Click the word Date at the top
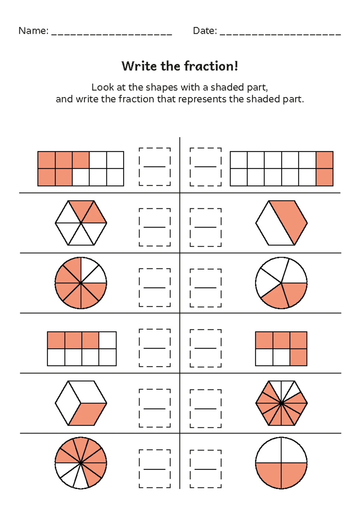coord(204,31)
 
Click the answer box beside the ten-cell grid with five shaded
coord(155,167)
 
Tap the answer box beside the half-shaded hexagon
coord(206,227)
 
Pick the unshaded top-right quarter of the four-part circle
coord(294,450)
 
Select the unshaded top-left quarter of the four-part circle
coord(269,450)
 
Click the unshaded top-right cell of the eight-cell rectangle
coord(107,340)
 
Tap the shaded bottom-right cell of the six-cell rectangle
coord(298,357)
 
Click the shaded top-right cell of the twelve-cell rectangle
coord(325,160)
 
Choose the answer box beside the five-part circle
coord(206,288)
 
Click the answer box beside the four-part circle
coord(206,469)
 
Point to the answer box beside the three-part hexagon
coord(155,408)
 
